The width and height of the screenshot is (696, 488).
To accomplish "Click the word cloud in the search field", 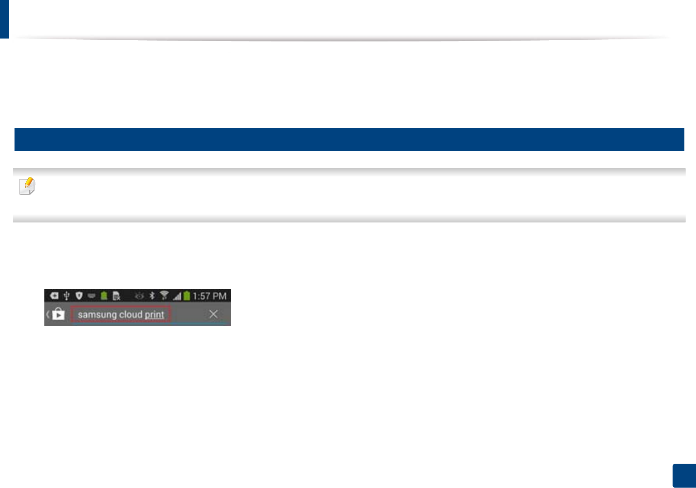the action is click(x=131, y=315).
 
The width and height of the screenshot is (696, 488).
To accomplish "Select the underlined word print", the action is click(x=154, y=315).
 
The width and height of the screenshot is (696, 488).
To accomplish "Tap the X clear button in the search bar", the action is click(x=213, y=314).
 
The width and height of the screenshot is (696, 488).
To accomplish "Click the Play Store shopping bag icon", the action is click(x=58, y=314).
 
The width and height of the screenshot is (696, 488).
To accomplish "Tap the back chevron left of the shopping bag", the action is click(x=48, y=314).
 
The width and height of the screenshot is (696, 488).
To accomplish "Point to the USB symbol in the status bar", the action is click(x=66, y=296).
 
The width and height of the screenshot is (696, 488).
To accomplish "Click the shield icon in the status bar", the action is click(x=79, y=296).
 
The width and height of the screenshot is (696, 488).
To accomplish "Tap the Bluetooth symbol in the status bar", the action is click(x=152, y=296).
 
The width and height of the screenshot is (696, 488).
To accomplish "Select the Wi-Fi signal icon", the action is click(x=164, y=295).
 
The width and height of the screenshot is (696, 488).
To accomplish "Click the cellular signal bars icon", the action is click(x=177, y=296).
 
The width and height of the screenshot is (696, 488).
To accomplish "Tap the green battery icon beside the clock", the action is click(x=187, y=296).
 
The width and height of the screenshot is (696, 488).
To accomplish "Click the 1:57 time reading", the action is click(x=202, y=296).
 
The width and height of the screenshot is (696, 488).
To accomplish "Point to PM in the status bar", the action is click(x=219, y=296).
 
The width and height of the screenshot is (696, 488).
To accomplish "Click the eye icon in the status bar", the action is click(x=139, y=296).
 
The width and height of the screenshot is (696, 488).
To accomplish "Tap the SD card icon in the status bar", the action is click(x=117, y=296).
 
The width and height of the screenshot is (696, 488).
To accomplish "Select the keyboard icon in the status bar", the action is click(x=91, y=296).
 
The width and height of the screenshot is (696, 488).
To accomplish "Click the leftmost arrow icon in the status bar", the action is click(x=54, y=296).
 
